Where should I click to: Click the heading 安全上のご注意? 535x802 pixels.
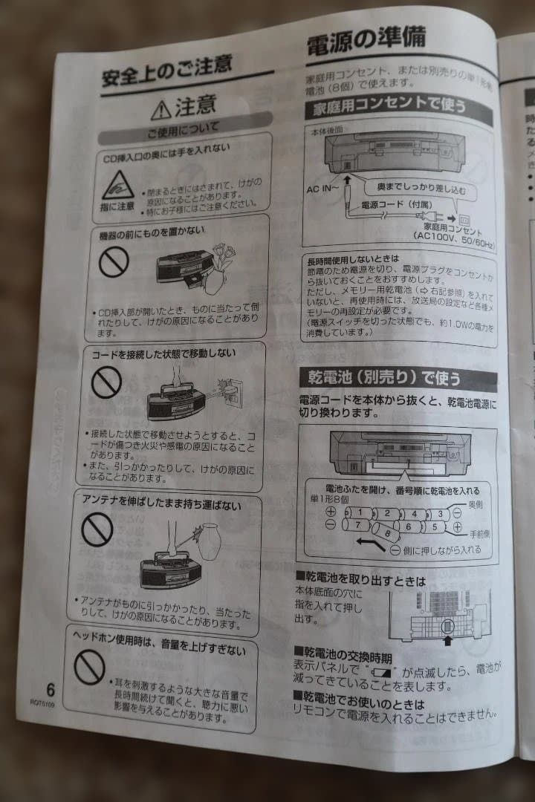(167, 73)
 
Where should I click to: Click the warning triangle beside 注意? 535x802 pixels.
(160, 111)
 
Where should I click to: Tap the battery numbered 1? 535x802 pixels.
(358, 512)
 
